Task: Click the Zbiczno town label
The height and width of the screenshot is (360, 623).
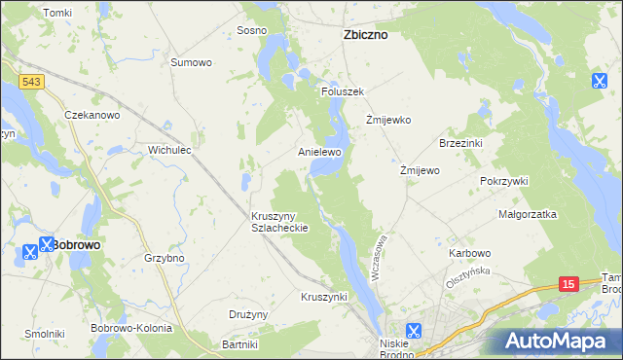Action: pyautogui.click(x=365, y=34)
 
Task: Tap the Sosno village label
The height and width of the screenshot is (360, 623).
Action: pyautogui.click(x=251, y=30)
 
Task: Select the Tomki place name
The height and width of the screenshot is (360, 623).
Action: pyautogui.click(x=57, y=12)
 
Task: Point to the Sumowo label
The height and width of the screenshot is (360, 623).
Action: pyautogui.click(x=191, y=62)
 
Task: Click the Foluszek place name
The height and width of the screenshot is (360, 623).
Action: pyautogui.click(x=342, y=91)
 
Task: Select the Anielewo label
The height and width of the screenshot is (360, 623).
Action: pyautogui.click(x=319, y=153)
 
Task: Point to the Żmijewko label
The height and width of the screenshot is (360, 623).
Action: pyautogui.click(x=388, y=121)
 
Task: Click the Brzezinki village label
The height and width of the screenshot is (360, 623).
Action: pyautogui.click(x=462, y=142)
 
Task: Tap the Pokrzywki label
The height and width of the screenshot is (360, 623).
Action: pyautogui.click(x=503, y=181)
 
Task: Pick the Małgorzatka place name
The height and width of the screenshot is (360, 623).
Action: pyautogui.click(x=527, y=213)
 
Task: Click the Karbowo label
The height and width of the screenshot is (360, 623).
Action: pyautogui.click(x=469, y=253)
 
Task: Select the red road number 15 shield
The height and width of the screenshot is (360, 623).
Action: pyautogui.click(x=569, y=284)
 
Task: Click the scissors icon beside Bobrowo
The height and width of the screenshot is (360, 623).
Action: pyautogui.click(x=47, y=248)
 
